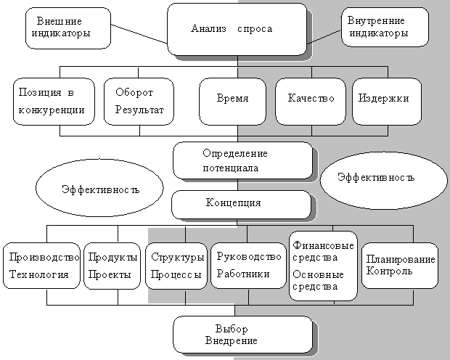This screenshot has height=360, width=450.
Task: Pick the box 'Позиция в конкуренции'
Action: (54, 102)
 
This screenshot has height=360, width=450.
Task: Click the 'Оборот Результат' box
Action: (139, 102)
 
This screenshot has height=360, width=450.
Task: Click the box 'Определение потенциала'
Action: (242, 160)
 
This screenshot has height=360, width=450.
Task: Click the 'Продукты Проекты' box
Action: (112, 266)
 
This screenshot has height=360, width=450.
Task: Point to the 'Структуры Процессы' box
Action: (176, 266)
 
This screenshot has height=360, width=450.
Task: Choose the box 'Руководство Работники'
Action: (248, 266)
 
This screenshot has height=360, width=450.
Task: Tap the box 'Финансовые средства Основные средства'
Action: (323, 265)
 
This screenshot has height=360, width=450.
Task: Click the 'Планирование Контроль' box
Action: (400, 265)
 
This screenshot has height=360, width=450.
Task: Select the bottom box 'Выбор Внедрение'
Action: (242, 335)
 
